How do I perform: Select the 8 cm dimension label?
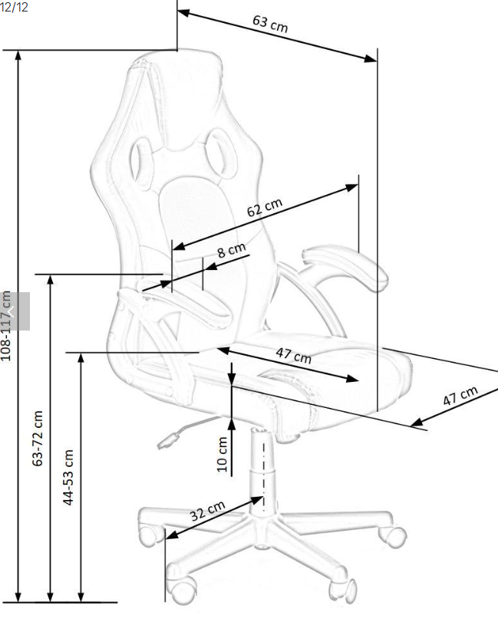click(231, 251)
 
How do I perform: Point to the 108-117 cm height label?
click(8, 326)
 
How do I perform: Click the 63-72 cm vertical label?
click(38, 439)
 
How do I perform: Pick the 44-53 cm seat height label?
click(68, 476)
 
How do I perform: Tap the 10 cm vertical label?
click(223, 454)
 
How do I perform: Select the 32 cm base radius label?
click(207, 512)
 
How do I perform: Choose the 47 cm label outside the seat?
click(460, 396)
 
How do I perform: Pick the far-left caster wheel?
click(147, 535)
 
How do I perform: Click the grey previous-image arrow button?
click(15, 311)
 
